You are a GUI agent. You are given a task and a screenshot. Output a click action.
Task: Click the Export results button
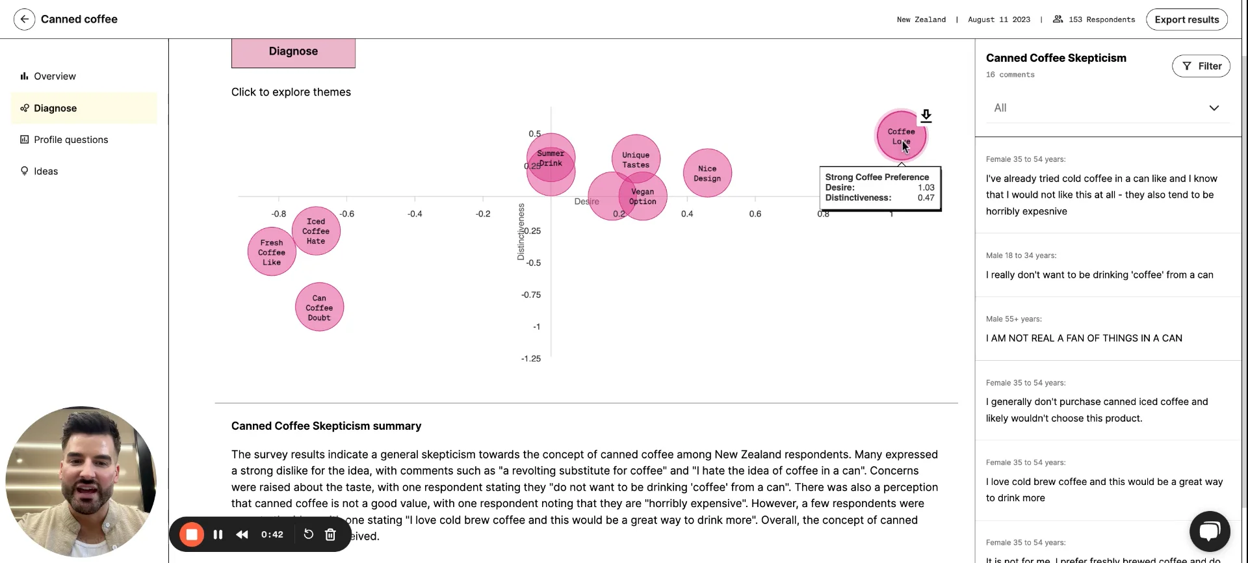1186,20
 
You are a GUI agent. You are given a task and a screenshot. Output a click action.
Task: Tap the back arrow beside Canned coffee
24,20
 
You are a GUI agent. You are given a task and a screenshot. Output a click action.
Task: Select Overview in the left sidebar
55,76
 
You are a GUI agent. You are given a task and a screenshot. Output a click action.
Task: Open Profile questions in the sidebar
71,140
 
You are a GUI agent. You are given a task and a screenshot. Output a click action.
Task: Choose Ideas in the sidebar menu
45,171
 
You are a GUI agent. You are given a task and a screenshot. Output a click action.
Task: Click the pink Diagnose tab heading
293,51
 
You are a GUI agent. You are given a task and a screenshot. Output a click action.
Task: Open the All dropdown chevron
1214,108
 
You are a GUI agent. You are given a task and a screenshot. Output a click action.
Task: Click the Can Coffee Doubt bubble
319,308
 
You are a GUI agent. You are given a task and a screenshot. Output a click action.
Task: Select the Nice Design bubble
707,173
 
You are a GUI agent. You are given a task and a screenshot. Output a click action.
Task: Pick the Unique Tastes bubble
636,159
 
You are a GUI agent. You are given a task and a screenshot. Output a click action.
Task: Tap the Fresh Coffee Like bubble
272,252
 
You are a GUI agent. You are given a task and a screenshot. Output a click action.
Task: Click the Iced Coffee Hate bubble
316,231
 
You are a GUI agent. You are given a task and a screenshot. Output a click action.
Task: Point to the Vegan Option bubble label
643,196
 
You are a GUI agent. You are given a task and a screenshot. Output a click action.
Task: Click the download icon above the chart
926,116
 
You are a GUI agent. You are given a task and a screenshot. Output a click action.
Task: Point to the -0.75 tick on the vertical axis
531,295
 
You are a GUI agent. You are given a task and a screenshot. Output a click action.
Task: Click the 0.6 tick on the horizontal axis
755,213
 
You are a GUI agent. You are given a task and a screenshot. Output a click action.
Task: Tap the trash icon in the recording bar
330,534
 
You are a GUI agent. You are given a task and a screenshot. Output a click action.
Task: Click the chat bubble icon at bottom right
1210,531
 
